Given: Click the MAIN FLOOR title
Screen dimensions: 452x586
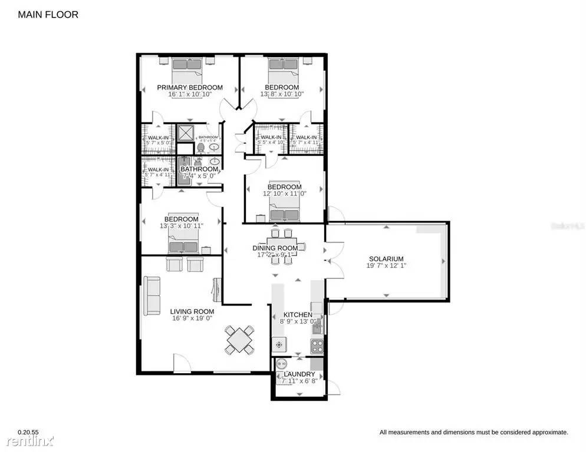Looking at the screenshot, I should [x=48, y=14].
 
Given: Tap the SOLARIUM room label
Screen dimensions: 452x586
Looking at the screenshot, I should [x=386, y=259].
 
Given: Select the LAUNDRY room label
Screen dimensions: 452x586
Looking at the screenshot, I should [x=299, y=374].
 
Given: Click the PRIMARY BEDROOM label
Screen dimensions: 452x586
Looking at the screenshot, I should [x=189, y=88].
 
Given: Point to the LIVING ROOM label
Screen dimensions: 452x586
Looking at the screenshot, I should [x=192, y=311].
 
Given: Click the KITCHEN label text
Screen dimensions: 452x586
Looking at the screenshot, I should [x=298, y=315].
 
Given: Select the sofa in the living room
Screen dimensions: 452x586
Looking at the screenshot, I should [x=153, y=296].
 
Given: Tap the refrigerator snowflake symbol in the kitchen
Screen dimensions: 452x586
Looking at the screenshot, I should [x=279, y=344].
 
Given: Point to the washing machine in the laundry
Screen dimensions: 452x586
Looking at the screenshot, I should [x=282, y=364].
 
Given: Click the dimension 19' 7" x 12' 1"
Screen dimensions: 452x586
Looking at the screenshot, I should [x=386, y=266].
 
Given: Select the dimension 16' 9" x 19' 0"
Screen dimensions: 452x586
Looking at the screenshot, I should [x=192, y=318].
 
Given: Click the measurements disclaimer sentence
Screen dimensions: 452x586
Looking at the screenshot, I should [x=473, y=432].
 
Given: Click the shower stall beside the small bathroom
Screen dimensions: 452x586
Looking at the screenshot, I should [x=186, y=134].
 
